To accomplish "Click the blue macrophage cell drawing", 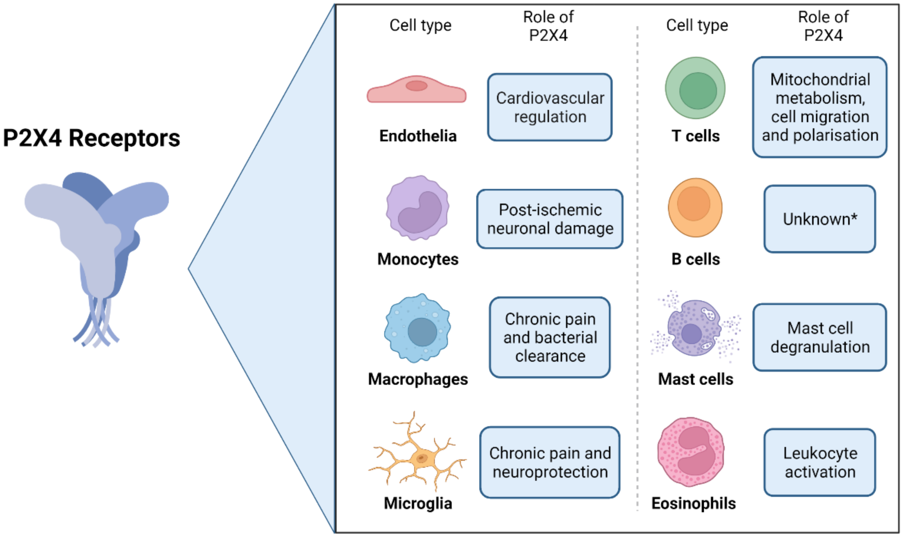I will tap(418, 328).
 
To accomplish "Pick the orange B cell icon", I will tap(695, 208).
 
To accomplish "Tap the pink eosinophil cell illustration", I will tap(691, 452).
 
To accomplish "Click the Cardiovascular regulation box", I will tap(550, 107).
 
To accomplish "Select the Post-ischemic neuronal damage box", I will tap(550, 219).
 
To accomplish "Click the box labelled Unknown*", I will tap(820, 219).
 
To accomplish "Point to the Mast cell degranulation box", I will tap(820, 337).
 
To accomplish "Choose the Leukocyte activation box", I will tap(820, 463).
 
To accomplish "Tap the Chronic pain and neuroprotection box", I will tap(550, 463).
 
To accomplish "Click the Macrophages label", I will tap(418, 379).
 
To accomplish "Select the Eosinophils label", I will tap(693, 504).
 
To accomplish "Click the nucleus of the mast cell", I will tap(691, 334).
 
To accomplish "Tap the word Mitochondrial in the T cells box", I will tap(820, 80).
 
